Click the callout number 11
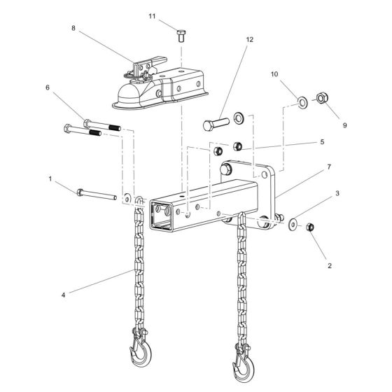point(152,15)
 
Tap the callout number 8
point(73,28)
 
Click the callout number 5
point(48,87)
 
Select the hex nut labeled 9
point(324,97)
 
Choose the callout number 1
point(50,179)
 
